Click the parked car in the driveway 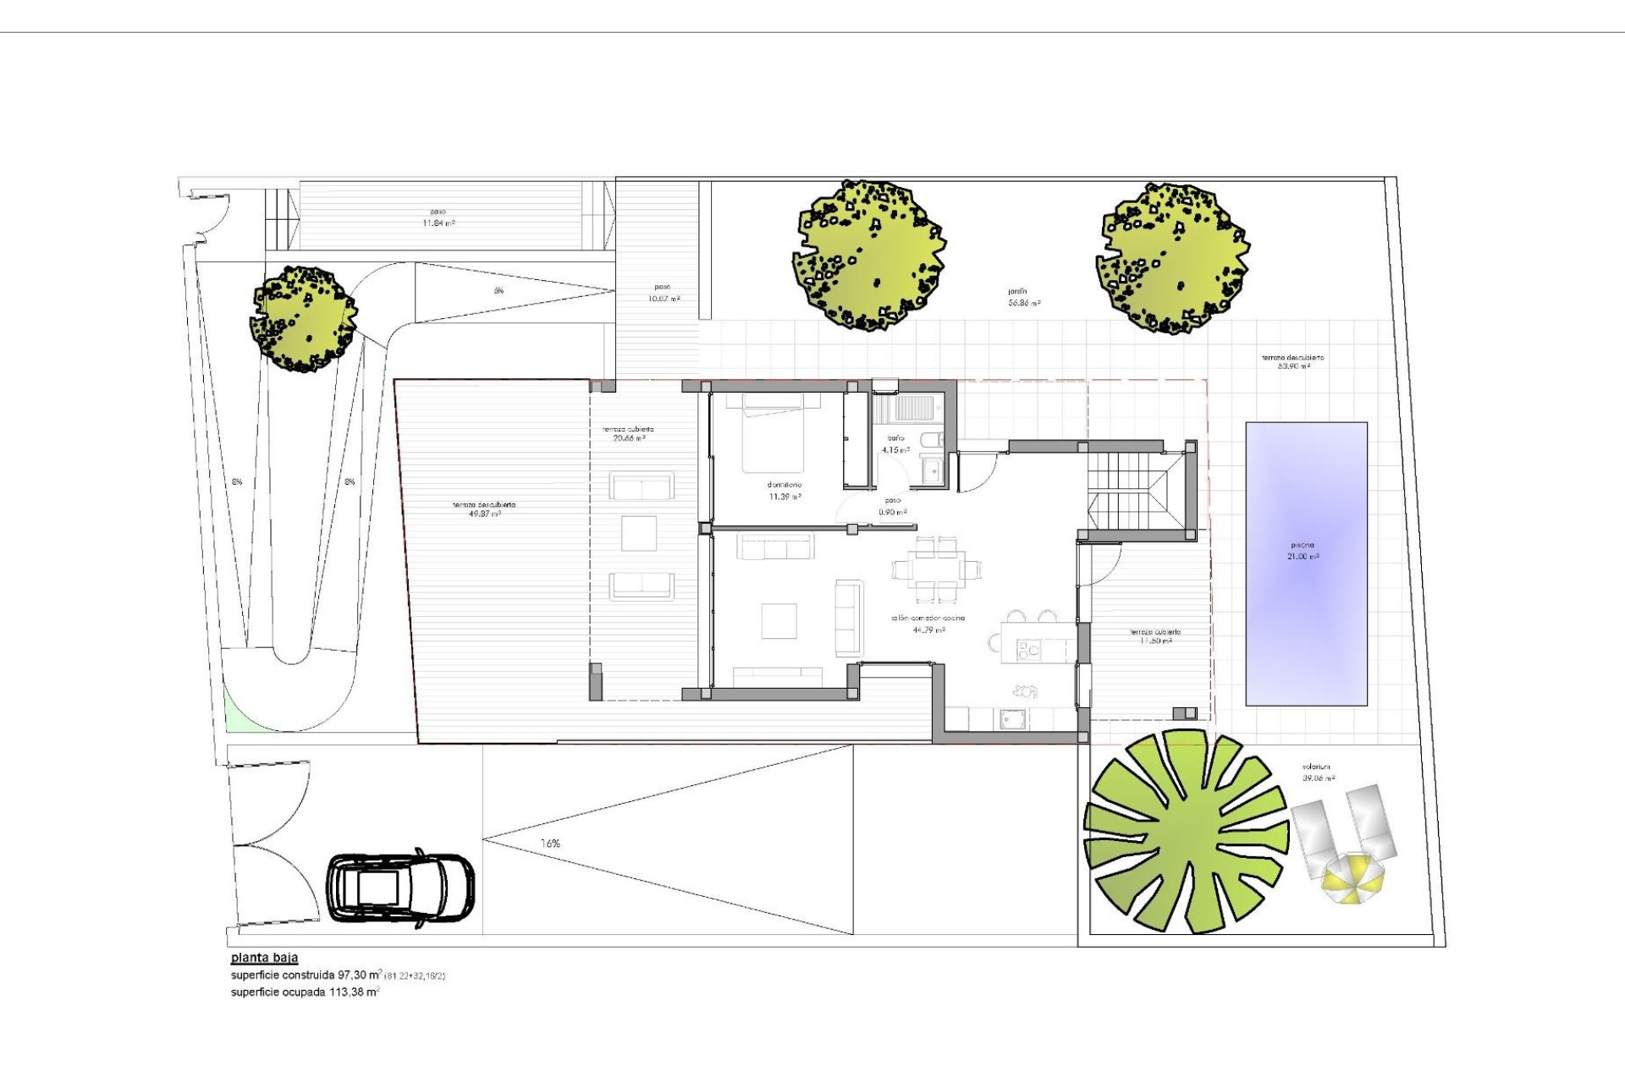[x=400, y=888]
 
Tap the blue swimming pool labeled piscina [x=1306, y=563]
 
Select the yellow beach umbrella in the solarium [x=1353, y=878]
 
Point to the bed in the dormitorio [x=780, y=432]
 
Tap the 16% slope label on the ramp [x=550, y=844]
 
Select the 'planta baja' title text [x=264, y=959]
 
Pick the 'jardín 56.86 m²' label [x=1024, y=297]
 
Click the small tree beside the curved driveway [x=303, y=319]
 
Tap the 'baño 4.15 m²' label [x=895, y=444]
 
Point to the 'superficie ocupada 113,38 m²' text [x=305, y=992]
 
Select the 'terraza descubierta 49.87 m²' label [x=484, y=509]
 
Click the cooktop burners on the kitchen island [x=1027, y=650]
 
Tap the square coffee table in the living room [x=779, y=620]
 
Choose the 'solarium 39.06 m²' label [x=1319, y=772]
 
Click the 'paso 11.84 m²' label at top [x=438, y=217]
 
